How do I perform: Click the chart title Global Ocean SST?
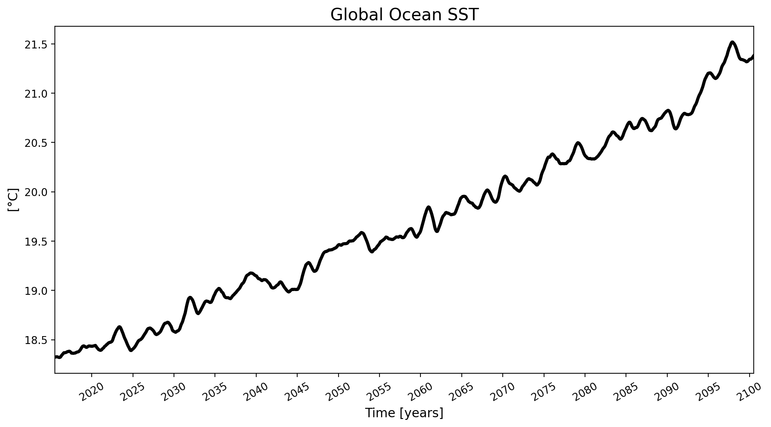pyautogui.click(x=404, y=15)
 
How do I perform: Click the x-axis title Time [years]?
pyautogui.click(x=404, y=413)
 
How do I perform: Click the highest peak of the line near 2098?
pyautogui.click(x=732, y=42)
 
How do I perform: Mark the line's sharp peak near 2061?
pyautogui.click(x=428, y=207)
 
